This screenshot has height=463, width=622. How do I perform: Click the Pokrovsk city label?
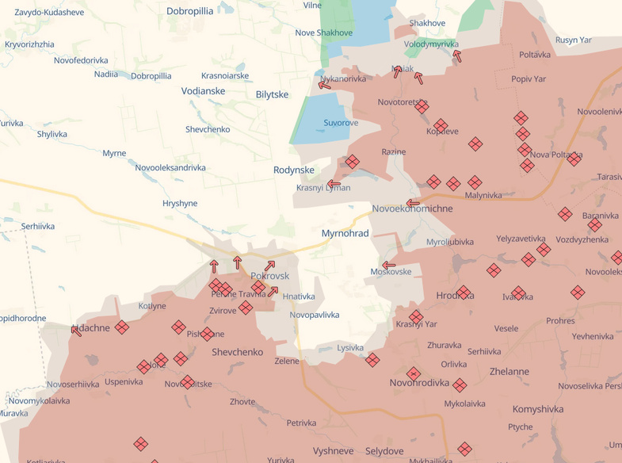tap(269, 276)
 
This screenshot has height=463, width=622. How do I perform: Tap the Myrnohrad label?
tap(345, 234)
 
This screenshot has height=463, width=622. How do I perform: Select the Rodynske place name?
tap(293, 170)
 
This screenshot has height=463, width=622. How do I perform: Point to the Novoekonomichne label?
tap(412, 209)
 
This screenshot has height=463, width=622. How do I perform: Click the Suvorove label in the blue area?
tap(341, 123)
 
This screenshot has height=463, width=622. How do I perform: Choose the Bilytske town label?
tap(272, 94)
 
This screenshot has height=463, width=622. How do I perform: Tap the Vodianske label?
tap(203, 91)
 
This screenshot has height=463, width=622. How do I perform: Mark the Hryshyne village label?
tap(179, 204)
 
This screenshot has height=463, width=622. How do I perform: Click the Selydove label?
tap(385, 451)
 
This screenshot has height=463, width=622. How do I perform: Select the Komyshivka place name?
tap(538, 409)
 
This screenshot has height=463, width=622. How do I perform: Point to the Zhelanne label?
tap(509, 372)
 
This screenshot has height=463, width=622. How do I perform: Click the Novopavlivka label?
tap(315, 315)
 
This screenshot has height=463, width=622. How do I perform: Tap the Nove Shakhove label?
tap(323, 33)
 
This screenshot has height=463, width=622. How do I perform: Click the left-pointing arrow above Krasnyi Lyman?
tap(334, 184)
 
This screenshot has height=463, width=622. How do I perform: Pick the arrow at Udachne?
tap(76, 331)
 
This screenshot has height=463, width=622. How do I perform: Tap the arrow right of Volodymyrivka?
tap(456, 55)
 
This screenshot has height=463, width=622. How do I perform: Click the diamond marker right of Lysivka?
tap(372, 360)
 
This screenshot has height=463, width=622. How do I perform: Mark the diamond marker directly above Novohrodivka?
tap(414, 373)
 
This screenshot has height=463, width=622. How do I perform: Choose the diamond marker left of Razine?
tap(352, 162)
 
